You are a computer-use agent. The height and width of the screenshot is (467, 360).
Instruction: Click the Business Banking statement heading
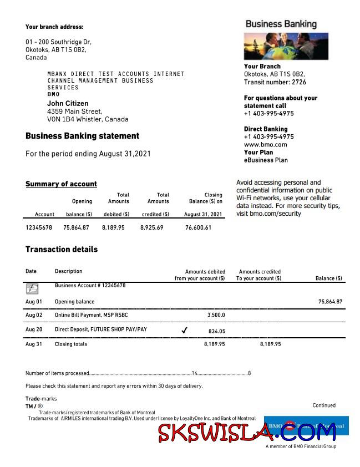[82, 136]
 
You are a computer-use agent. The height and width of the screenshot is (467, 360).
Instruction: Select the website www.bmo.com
[265, 145]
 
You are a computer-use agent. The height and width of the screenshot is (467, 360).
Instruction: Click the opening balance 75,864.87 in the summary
[77, 227]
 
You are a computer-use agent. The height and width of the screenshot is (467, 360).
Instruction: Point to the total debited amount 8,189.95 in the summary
[113, 227]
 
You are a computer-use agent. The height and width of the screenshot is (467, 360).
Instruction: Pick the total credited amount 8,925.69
[152, 227]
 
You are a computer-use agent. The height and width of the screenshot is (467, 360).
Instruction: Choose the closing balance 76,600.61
[198, 227]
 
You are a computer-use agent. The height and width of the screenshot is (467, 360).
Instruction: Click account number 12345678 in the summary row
[39, 227]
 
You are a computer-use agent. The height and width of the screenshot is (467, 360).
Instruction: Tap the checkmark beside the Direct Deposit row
[184, 331]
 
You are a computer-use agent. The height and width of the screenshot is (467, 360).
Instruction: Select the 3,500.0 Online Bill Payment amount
[216, 315]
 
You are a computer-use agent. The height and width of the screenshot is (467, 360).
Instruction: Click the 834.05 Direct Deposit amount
[216, 331]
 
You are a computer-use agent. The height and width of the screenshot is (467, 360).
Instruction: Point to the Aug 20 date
[34, 329]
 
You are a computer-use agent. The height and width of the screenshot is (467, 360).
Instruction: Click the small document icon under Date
[32, 288]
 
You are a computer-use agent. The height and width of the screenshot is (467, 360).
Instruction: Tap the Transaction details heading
[62, 250]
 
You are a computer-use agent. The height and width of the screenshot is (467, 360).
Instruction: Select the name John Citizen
[68, 103]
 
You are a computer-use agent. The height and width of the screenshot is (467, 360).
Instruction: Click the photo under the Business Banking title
[286, 46]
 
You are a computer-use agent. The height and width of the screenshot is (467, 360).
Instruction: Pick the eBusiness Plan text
[266, 160]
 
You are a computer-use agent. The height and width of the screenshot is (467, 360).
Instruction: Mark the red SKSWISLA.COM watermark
[247, 432]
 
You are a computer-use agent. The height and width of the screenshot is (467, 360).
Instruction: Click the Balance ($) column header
[328, 278]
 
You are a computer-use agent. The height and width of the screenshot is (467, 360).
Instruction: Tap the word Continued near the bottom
[324, 405]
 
